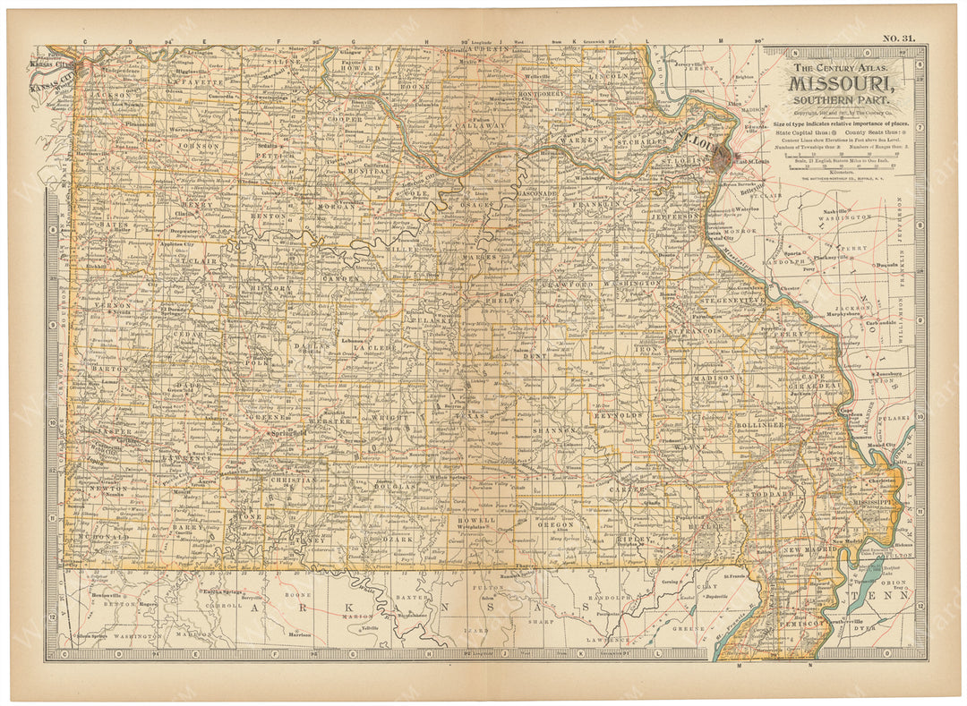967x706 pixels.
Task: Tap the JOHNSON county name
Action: (198, 144)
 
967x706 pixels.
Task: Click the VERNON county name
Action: (111, 305)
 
